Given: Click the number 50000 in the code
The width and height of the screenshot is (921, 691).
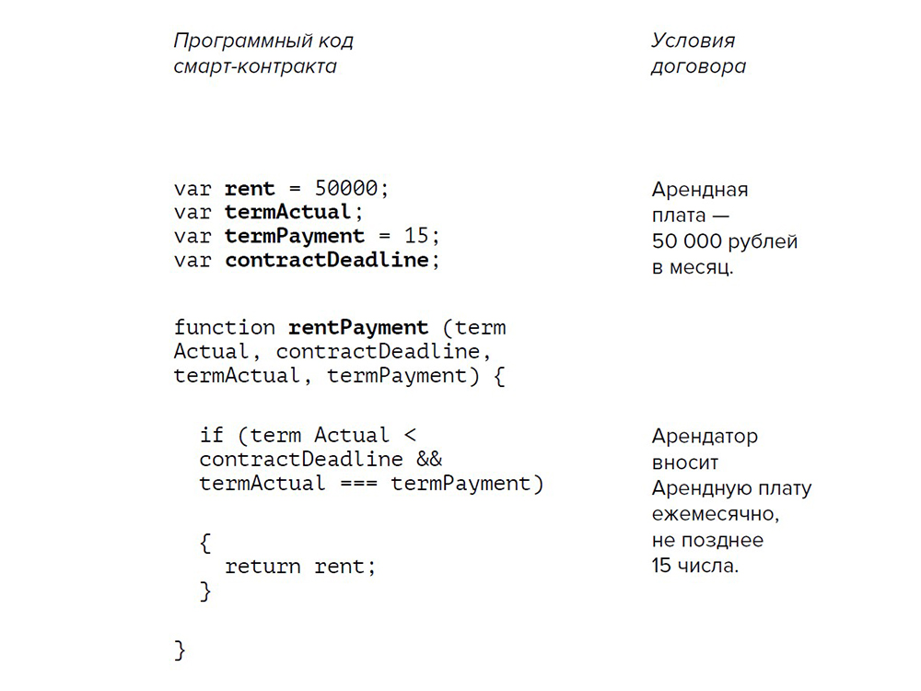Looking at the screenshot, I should coord(346,189).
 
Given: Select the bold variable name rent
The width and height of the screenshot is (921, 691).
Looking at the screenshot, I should coord(250,189).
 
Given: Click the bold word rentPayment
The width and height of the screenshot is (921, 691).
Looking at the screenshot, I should coord(359,327).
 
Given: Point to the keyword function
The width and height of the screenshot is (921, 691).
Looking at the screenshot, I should coord(224,327).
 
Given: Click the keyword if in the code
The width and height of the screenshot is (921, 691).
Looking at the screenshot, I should coord(212,434).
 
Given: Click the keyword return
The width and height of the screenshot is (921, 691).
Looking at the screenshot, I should coord(262,567).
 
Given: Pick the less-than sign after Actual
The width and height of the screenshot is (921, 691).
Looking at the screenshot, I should coord(410,434).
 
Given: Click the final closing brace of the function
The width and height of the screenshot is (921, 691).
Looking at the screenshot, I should coord(181,650).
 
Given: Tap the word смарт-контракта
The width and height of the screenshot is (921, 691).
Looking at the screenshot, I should coord(255,66).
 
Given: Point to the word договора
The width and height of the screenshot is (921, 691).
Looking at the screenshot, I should coord(698,66).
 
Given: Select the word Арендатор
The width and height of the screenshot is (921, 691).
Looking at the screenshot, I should coord(705,436).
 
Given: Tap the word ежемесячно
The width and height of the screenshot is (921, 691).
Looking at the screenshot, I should coord(715,514).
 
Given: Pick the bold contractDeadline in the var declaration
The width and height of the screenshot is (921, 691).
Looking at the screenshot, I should coord(327,260).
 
